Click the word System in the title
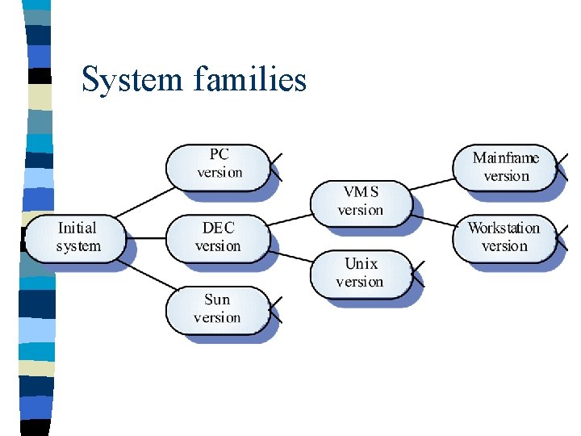pyautogui.click(x=133, y=80)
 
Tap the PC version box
pyautogui.click(x=218, y=166)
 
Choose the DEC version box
pyautogui.click(x=218, y=237)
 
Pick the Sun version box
pyautogui.click(x=218, y=308)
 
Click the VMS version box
pyautogui.click(x=361, y=201)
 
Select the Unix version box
pyautogui.click(x=361, y=272)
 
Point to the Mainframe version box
pyautogui.click(x=506, y=167)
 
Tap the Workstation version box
pyautogui.click(x=504, y=237)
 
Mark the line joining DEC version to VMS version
pyautogui.click(x=290, y=219)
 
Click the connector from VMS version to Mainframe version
pyautogui.click(x=433, y=182)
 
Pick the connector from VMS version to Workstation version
pyautogui.click(x=433, y=219)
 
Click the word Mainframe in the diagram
pyautogui.click(x=506, y=158)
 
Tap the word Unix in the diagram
pyautogui.click(x=361, y=264)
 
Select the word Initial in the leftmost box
pyautogui.click(x=77, y=228)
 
